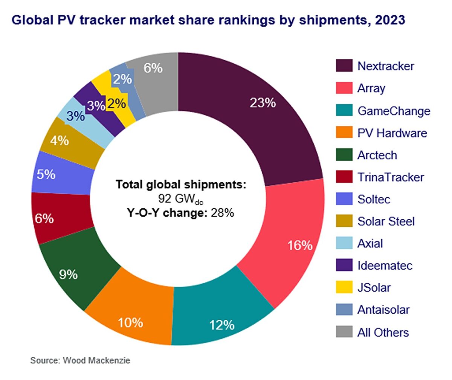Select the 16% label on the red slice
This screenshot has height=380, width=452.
(300, 246)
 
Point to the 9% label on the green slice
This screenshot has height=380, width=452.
(68, 275)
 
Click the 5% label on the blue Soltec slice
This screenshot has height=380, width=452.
(46, 175)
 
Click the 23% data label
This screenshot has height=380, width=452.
(263, 102)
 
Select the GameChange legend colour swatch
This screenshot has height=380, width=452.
(344, 110)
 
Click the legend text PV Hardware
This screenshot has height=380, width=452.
(392, 133)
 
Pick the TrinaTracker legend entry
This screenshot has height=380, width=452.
(391, 177)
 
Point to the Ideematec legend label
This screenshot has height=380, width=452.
(385, 266)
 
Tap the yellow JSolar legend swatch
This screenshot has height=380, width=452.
(344, 287)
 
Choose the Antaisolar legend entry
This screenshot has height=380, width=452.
(383, 310)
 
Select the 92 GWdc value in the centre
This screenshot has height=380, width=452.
(181, 199)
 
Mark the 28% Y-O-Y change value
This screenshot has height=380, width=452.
(222, 213)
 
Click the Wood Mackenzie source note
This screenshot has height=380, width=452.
(80, 360)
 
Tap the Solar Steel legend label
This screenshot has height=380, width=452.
(386, 221)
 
